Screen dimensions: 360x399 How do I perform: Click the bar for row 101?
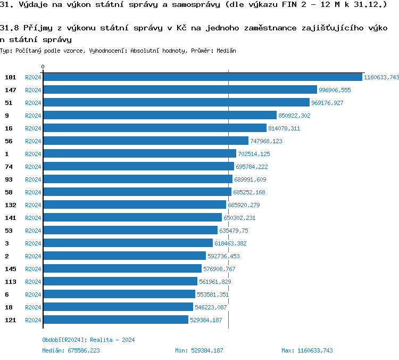pyautogui.click(x=202, y=77)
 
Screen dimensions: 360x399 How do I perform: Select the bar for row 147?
pyautogui.click(x=180, y=90)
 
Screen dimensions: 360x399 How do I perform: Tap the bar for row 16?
pyautogui.click(x=154, y=128)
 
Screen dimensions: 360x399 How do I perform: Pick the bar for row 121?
pyautogui.click(x=115, y=320)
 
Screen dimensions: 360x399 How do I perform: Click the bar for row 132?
pyautogui.click(x=134, y=205)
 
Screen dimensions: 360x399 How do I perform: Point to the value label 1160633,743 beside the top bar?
pyautogui.click(x=381, y=77)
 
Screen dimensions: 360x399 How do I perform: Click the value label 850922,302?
pyautogui.click(x=294, y=116)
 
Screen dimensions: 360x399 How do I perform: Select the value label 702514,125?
pyautogui.click(x=254, y=154)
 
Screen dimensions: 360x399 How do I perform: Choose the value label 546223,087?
pyautogui.click(x=211, y=307)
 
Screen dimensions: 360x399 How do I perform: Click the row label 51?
pyautogui.click(x=9, y=103)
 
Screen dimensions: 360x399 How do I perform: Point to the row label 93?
pyautogui.click(x=9, y=179)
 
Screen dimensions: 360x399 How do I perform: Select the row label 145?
pyautogui.click(x=11, y=269)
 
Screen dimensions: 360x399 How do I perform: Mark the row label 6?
pyautogui.click(x=7, y=294)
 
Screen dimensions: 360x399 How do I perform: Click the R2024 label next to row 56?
pyautogui.click(x=33, y=141)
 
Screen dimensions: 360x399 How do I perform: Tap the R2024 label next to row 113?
pyautogui.click(x=33, y=282)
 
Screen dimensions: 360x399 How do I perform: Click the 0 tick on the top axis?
pyautogui.click(x=43, y=67)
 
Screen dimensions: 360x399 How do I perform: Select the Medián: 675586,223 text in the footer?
pyautogui.click(x=71, y=350)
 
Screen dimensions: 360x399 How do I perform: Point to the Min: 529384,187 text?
pyautogui.click(x=199, y=350)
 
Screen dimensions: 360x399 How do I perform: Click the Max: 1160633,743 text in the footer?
pyautogui.click(x=307, y=350)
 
